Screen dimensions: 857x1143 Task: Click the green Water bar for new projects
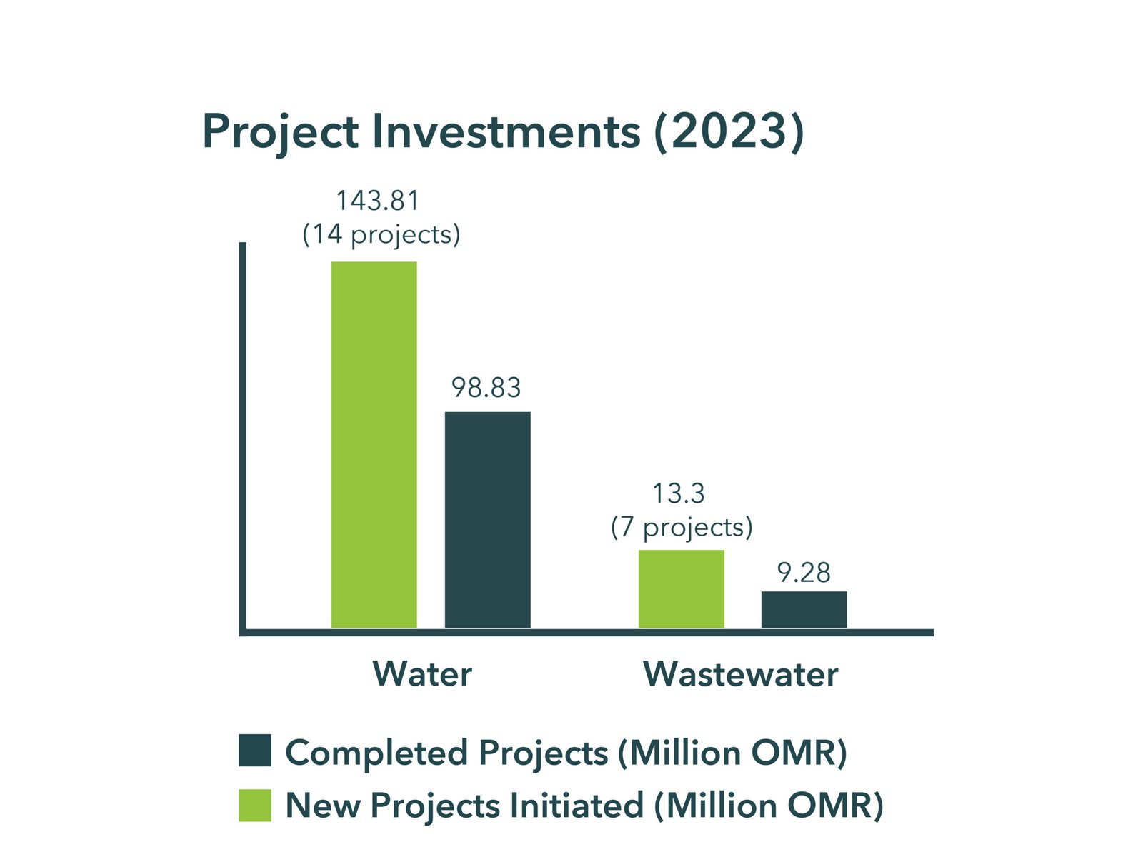click(x=374, y=445)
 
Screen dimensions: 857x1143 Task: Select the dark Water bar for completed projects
click(x=487, y=520)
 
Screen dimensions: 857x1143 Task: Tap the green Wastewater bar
click(x=681, y=589)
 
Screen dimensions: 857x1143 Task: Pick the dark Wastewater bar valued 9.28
click(x=804, y=610)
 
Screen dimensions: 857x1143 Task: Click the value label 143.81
click(x=378, y=201)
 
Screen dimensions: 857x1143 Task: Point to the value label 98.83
click(x=486, y=388)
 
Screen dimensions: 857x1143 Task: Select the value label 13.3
click(x=678, y=493)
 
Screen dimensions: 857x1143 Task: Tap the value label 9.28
click(x=804, y=573)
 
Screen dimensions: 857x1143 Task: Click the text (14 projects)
click(x=381, y=235)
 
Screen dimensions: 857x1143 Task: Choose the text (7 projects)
click(x=682, y=528)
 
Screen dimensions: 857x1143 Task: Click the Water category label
click(x=422, y=674)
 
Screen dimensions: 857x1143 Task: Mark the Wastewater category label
click(x=740, y=674)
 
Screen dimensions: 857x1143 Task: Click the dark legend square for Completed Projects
click(x=255, y=750)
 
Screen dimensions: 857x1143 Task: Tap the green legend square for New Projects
click(x=255, y=805)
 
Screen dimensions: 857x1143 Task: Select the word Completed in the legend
click(x=375, y=753)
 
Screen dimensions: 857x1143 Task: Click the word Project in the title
click(x=281, y=133)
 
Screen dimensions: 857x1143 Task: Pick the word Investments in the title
click(x=506, y=131)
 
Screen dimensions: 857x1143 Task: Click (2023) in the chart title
click(x=729, y=131)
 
